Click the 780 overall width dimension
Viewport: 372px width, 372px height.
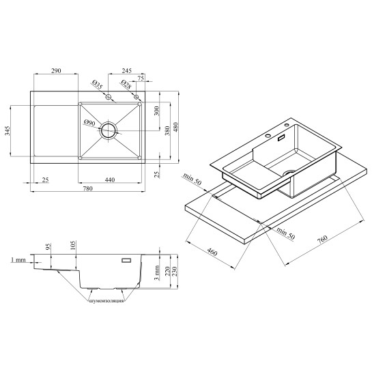point(87,188)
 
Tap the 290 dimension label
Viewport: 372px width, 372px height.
point(56,71)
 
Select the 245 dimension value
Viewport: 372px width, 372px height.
point(127,71)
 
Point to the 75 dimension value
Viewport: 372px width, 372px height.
point(141,78)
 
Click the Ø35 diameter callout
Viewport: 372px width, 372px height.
point(97,85)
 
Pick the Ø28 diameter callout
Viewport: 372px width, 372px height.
point(126,85)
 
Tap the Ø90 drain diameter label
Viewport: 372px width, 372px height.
point(89,123)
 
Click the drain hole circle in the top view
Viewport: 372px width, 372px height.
point(109,131)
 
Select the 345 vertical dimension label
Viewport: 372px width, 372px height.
point(8,131)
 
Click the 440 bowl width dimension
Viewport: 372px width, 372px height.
point(110,180)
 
